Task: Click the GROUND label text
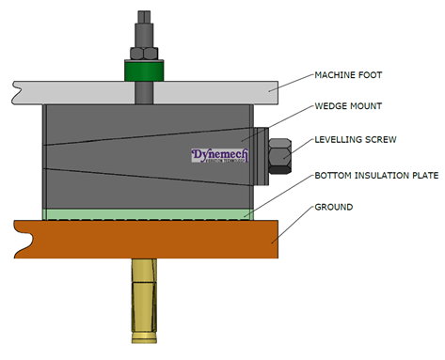(334, 207)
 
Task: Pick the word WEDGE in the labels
(333, 107)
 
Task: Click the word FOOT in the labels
(375, 74)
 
